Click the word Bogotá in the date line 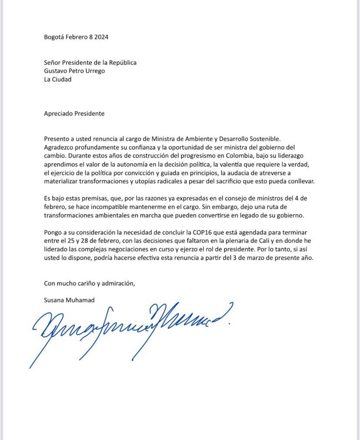click(x=54, y=37)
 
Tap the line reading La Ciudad click(x=57, y=79)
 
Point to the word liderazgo click(x=292, y=155)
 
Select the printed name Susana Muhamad click(x=69, y=300)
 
